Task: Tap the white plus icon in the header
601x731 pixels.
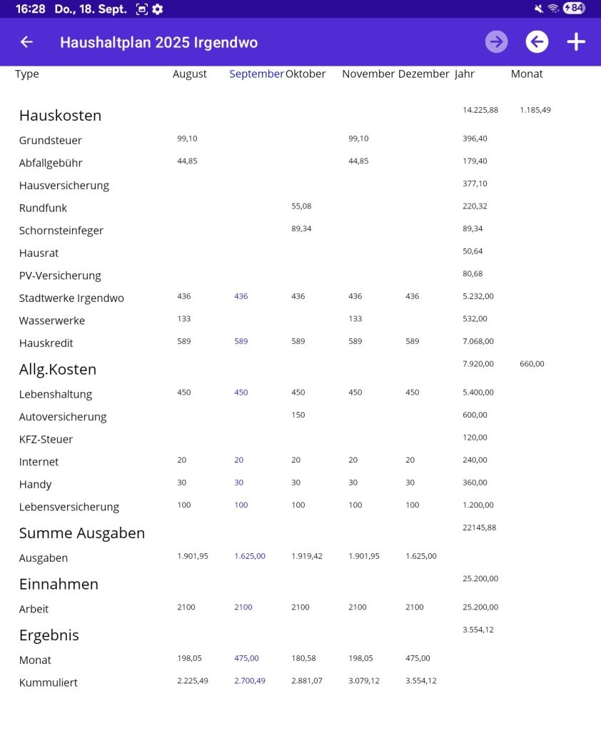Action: tap(576, 42)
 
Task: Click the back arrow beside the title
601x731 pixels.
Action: tap(26, 42)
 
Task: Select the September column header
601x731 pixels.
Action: tap(256, 74)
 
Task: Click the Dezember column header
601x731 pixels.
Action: tap(423, 74)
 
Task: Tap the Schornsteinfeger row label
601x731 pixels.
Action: tap(61, 231)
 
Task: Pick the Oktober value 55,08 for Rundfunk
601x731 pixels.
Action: tap(301, 206)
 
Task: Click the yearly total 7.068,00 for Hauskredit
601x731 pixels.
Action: tap(478, 341)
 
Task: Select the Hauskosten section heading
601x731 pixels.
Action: tap(60, 116)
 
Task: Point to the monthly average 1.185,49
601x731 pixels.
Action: tap(535, 110)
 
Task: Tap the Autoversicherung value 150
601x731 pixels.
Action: tap(298, 415)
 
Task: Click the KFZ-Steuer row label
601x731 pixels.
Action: tap(46, 439)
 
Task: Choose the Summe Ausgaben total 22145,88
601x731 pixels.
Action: tap(480, 528)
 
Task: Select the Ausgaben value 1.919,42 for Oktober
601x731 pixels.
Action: tap(307, 556)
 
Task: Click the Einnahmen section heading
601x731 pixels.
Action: tap(59, 584)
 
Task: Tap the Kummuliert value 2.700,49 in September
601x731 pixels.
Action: tap(250, 681)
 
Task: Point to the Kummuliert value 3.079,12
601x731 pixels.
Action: tap(364, 681)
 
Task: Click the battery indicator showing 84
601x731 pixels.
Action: tap(573, 9)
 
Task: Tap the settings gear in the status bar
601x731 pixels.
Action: tap(158, 9)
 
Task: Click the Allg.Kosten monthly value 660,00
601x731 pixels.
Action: tap(532, 364)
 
